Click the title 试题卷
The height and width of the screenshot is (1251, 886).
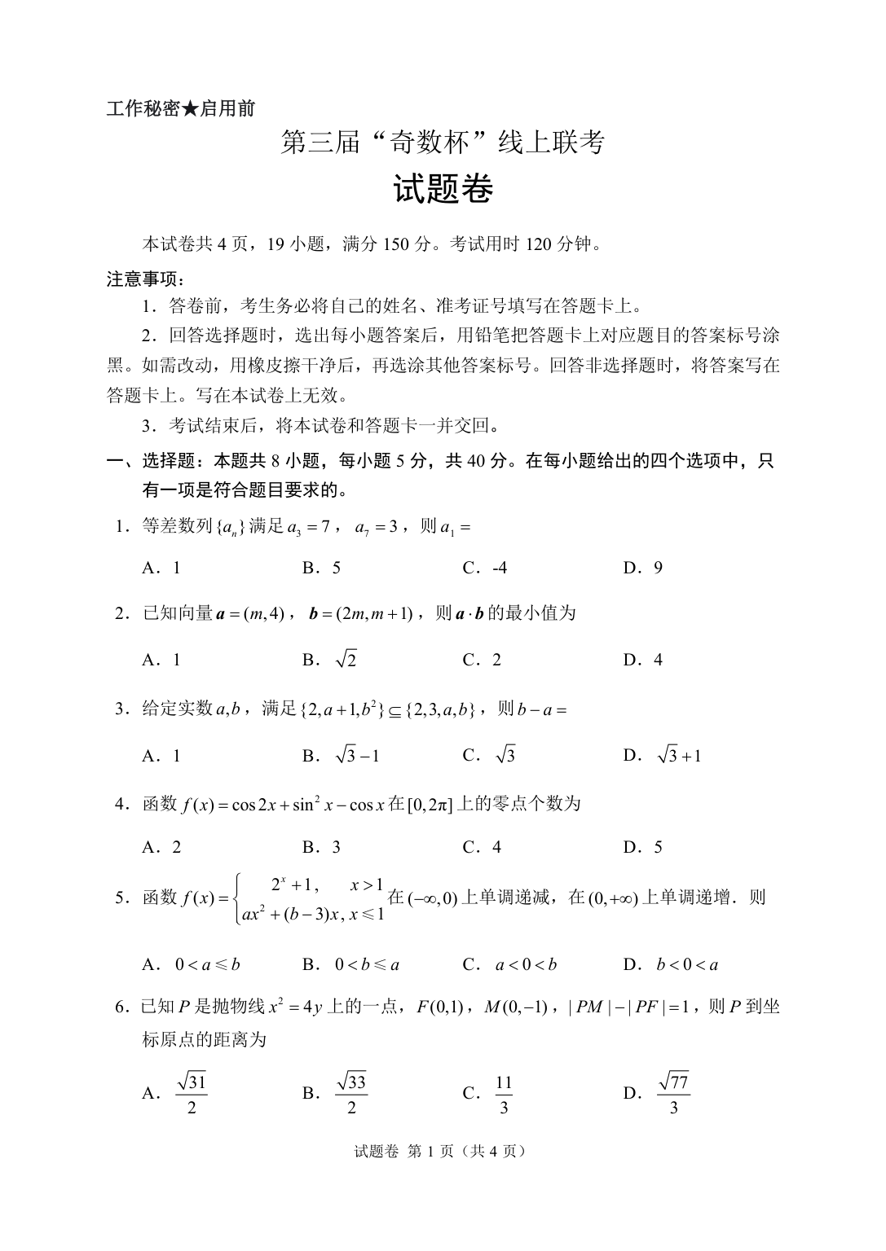click(x=443, y=190)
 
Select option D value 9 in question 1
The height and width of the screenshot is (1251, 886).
click(x=657, y=568)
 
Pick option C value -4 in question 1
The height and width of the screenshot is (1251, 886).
click(x=499, y=568)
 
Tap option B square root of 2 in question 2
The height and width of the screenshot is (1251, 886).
click(x=346, y=660)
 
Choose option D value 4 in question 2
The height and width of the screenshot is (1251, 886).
click(x=658, y=660)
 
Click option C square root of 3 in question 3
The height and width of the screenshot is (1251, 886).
click(x=505, y=756)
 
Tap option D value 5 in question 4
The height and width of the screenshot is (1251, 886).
click(x=658, y=847)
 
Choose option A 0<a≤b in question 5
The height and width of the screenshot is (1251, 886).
click(x=208, y=965)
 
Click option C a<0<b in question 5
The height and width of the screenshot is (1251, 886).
click(x=526, y=965)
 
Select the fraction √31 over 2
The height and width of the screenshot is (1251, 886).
click(x=192, y=1094)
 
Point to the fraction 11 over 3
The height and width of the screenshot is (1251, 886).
click(x=504, y=1094)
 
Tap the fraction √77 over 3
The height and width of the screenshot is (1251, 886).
click(x=673, y=1094)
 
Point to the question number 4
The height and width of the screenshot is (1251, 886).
click(x=120, y=804)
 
